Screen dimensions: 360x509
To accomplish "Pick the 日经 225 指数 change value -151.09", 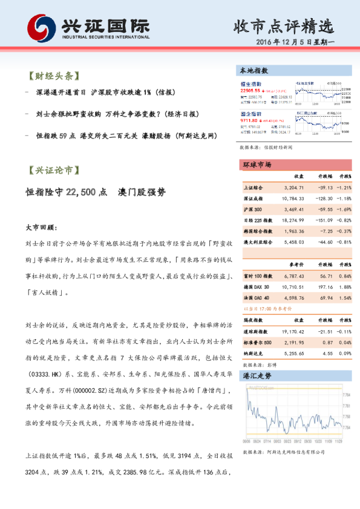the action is [x=321, y=219].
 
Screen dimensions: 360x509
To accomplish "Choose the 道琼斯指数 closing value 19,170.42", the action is [x=292, y=332].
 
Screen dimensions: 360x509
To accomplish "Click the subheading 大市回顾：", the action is [x=41, y=228].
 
